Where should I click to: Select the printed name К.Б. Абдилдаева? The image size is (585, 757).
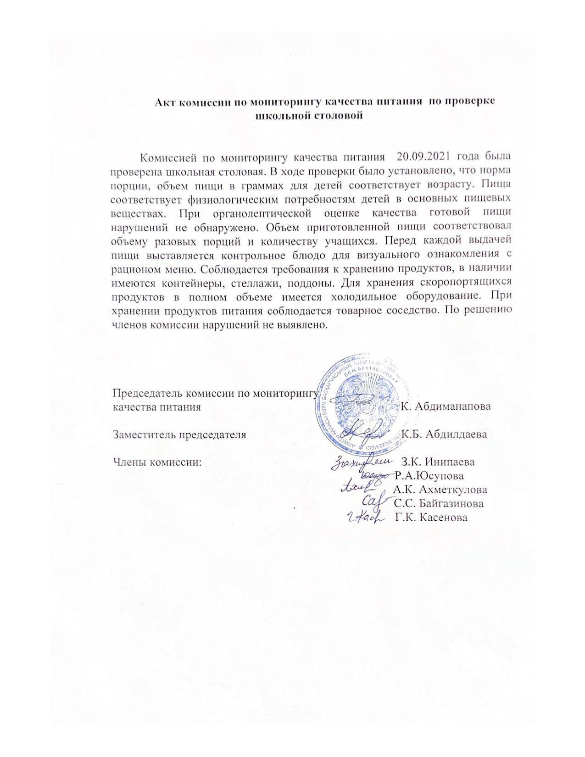click(x=444, y=434)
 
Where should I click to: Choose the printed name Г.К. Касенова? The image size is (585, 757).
click(x=431, y=518)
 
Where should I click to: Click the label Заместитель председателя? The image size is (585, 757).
click(x=179, y=434)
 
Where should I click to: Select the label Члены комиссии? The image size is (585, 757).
click(x=157, y=461)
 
